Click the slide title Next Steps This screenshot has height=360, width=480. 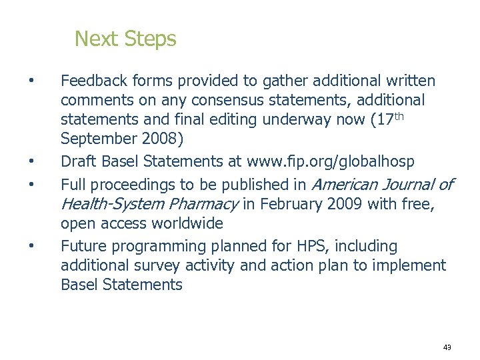[x=125, y=39]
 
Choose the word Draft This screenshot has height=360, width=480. [x=78, y=161]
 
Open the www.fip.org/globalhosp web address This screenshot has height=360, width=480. [x=340, y=161]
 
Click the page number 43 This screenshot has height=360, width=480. [x=447, y=347]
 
